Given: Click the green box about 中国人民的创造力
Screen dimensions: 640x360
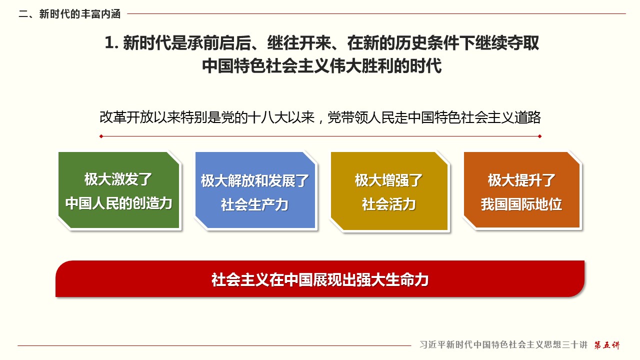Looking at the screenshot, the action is tap(119, 190).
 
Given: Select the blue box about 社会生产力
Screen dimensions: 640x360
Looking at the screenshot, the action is tap(255, 190).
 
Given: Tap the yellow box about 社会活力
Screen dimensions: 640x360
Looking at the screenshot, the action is tap(389, 191).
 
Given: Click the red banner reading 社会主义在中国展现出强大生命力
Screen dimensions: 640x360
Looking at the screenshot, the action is tap(320, 279).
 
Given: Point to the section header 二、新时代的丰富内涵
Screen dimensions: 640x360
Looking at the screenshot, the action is tap(69, 14).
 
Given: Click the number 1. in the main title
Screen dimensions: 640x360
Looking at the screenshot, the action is tap(111, 43).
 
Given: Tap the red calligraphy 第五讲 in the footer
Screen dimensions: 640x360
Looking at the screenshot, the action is tap(607, 345).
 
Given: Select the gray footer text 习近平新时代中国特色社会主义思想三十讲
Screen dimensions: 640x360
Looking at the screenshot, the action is tap(503, 345).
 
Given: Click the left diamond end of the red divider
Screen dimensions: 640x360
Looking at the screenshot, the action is tap(101, 136).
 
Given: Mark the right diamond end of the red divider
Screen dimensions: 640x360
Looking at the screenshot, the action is tap(539, 136).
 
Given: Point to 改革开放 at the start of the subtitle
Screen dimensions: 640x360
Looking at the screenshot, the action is tap(126, 117).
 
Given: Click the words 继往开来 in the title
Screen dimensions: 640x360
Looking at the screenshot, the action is tap(299, 43).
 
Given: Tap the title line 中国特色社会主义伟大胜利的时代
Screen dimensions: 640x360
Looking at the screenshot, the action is tap(322, 66).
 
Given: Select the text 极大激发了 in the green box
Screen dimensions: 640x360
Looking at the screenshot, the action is tap(118, 179).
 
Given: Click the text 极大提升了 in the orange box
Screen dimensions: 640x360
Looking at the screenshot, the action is tap(521, 180).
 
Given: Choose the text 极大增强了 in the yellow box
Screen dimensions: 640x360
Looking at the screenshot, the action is tap(389, 180).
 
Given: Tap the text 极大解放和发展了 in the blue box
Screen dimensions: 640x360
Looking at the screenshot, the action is tap(255, 181).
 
